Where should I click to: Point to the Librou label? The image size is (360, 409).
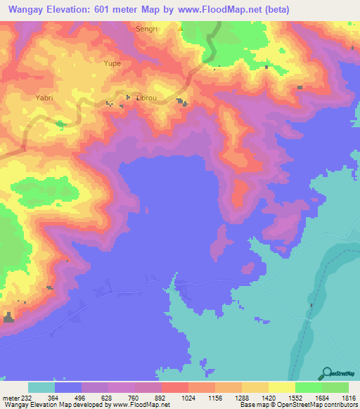[x=146, y=98]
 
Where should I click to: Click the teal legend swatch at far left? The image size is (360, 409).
[x=41, y=387]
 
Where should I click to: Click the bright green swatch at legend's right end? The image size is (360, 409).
[x=335, y=387]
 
